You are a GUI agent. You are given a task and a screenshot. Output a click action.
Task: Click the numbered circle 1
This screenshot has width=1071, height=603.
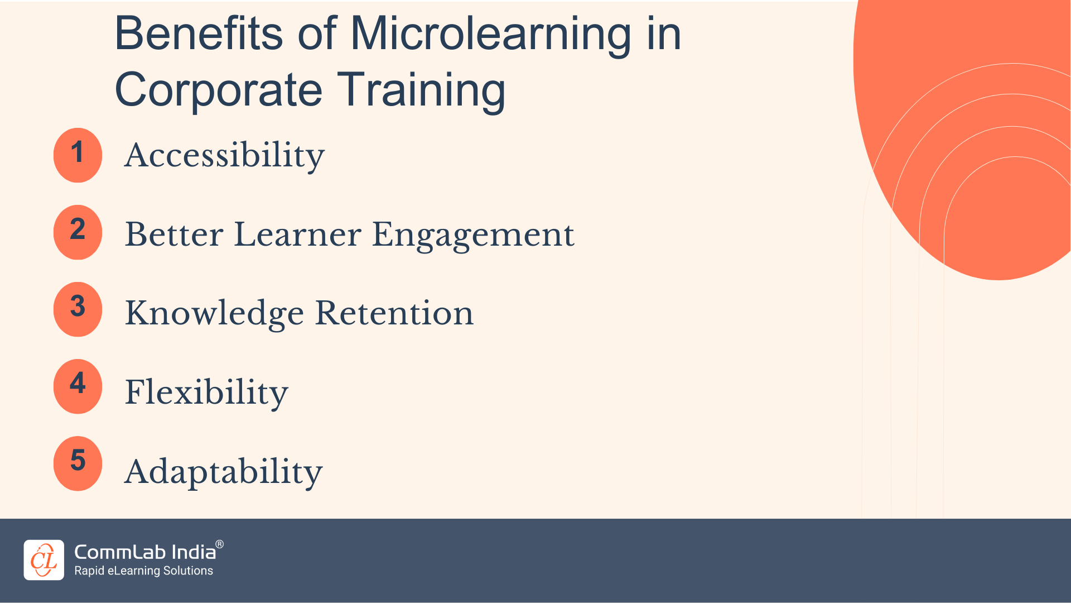(x=78, y=155)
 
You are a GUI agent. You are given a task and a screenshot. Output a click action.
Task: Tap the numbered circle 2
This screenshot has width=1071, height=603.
(x=78, y=232)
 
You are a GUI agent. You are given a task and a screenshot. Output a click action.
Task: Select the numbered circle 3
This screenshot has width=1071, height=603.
(x=78, y=309)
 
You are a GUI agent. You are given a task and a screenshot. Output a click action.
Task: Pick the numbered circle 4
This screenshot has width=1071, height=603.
(x=78, y=386)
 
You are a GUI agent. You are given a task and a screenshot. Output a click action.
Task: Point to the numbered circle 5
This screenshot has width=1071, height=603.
(x=78, y=463)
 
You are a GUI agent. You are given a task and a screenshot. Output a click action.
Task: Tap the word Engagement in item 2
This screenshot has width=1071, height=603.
(x=473, y=234)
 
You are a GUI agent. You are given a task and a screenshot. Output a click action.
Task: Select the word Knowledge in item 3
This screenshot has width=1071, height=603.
(x=214, y=313)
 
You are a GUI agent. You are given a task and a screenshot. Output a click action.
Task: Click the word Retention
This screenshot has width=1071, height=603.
(x=394, y=313)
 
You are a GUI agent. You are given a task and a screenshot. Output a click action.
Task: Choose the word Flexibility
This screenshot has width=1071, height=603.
(x=206, y=393)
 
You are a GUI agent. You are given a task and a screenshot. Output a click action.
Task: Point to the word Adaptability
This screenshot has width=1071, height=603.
(x=223, y=472)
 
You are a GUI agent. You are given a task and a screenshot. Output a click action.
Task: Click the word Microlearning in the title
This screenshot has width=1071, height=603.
(x=491, y=35)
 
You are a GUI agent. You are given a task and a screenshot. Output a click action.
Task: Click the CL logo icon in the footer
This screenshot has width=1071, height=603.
(x=44, y=560)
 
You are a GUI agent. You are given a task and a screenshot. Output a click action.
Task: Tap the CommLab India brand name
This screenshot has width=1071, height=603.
(x=145, y=552)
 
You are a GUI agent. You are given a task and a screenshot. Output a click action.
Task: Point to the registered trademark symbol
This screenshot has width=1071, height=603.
(x=220, y=544)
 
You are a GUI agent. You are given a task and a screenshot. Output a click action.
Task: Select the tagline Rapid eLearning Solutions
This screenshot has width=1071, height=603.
(x=144, y=571)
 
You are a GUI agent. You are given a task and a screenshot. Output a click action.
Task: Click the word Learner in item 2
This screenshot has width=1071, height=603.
(x=298, y=234)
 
